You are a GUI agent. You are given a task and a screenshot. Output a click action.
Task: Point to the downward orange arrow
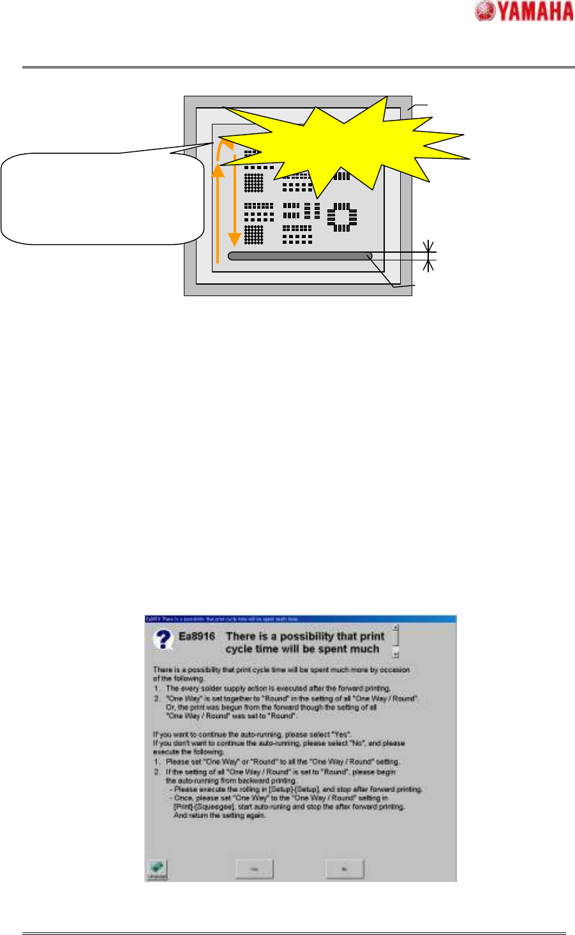pos(235,198)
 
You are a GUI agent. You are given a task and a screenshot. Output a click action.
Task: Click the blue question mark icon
pos(163,639)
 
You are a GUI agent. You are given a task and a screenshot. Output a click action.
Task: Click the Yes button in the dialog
pos(254,869)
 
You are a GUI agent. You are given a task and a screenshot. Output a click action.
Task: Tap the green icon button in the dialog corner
pos(156,869)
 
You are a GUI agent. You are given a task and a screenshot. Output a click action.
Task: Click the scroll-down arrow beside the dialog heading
pos(396,654)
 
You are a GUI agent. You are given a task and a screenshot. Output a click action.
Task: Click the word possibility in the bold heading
pos(301,637)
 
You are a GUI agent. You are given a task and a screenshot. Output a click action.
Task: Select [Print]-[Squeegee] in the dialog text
pos(198,807)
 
